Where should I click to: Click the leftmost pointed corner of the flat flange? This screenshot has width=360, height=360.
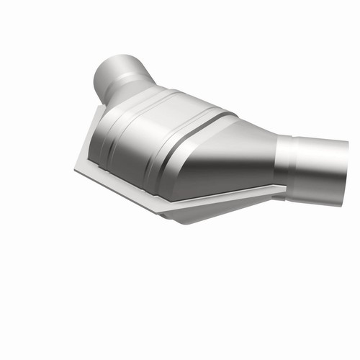tap(75, 168)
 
